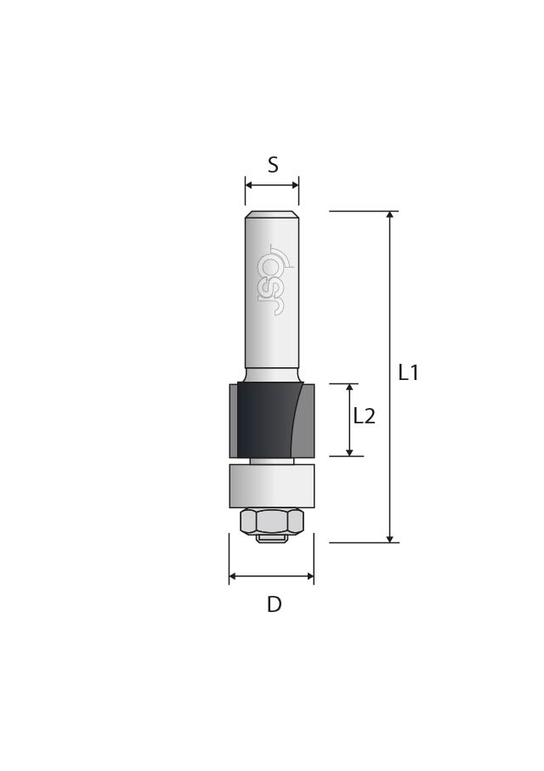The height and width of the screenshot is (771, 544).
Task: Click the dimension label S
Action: pos(273,165)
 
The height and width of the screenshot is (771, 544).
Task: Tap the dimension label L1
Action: pos(408,372)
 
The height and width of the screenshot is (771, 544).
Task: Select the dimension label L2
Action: pos(365,417)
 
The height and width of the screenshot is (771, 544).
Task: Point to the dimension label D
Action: pos(275,604)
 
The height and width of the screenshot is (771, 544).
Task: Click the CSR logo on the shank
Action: pos(273,279)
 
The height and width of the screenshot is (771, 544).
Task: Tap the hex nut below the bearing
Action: pos(272,522)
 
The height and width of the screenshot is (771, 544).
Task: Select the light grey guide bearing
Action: pos(272,486)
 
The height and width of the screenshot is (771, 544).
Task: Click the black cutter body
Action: pos(265,419)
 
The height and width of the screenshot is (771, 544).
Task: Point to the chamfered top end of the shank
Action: pos(272,215)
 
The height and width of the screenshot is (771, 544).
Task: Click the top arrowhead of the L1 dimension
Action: pos(390,215)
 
